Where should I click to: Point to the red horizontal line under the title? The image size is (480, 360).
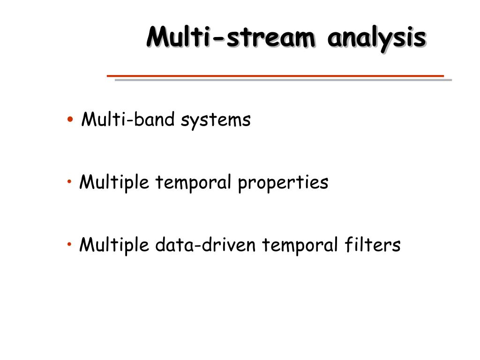point(275,75)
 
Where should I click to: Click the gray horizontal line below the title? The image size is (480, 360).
point(283,80)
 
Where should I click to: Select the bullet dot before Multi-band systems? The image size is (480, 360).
point(70,120)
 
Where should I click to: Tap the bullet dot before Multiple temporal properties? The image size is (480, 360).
point(69,181)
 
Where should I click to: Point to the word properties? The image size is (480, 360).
point(283,183)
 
